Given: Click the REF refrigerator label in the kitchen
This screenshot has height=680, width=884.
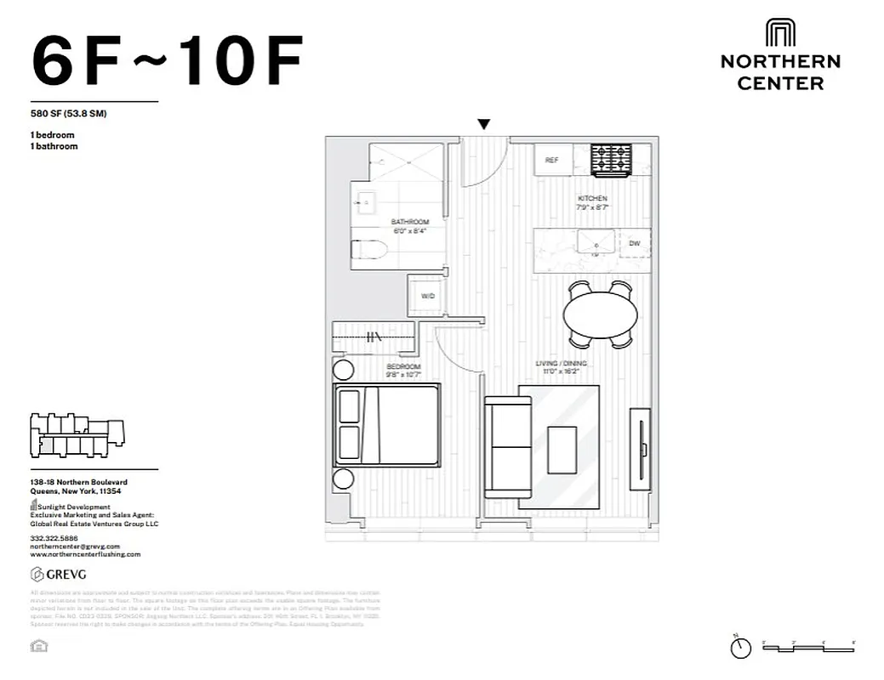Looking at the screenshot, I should click(551, 160).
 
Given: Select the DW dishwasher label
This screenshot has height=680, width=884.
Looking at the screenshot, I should click(634, 243).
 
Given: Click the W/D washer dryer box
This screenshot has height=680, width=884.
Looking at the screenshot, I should click(427, 295).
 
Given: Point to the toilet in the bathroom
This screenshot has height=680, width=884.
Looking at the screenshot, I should click(369, 251).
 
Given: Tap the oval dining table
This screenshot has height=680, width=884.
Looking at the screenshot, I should click(600, 314).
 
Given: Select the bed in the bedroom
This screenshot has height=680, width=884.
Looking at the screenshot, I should click(387, 424).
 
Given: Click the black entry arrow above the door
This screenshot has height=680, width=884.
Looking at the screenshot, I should click(483, 125).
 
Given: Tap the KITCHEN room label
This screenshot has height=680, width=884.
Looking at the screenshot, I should click(592, 199).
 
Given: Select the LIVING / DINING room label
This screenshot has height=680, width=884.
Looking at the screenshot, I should click(561, 364).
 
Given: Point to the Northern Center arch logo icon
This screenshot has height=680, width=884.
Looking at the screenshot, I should click(780, 33).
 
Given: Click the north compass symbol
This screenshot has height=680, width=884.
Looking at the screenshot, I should click(740, 647).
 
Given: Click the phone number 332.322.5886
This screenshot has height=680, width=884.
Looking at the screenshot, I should click(53, 538).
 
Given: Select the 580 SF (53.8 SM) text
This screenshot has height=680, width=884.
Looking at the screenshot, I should click(68, 114).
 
